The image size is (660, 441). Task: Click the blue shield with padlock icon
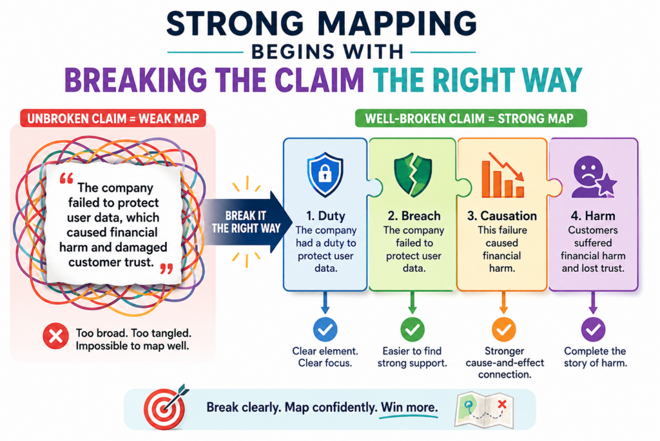(325, 174)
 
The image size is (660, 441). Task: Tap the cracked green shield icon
(413, 175)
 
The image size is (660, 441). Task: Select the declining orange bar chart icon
(503, 175)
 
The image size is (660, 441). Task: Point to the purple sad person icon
(594, 177)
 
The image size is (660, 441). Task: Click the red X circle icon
(55, 336)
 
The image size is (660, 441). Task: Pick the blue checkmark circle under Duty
(325, 329)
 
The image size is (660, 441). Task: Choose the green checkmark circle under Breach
(412, 329)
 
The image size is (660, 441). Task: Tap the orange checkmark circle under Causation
(504, 329)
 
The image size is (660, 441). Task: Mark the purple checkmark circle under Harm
(594, 329)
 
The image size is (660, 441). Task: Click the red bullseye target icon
(165, 407)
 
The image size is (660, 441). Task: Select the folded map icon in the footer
(484, 409)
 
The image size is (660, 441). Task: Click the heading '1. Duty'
(325, 216)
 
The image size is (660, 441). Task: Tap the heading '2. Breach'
(414, 216)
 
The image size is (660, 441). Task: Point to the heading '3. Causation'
(501, 216)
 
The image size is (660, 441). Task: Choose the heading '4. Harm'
(593, 216)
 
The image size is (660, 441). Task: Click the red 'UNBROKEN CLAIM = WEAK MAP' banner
(113, 118)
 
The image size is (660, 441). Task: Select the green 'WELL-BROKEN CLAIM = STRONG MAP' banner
(471, 118)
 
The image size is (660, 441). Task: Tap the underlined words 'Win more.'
(409, 407)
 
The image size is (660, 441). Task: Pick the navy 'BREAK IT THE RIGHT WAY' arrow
(247, 221)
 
